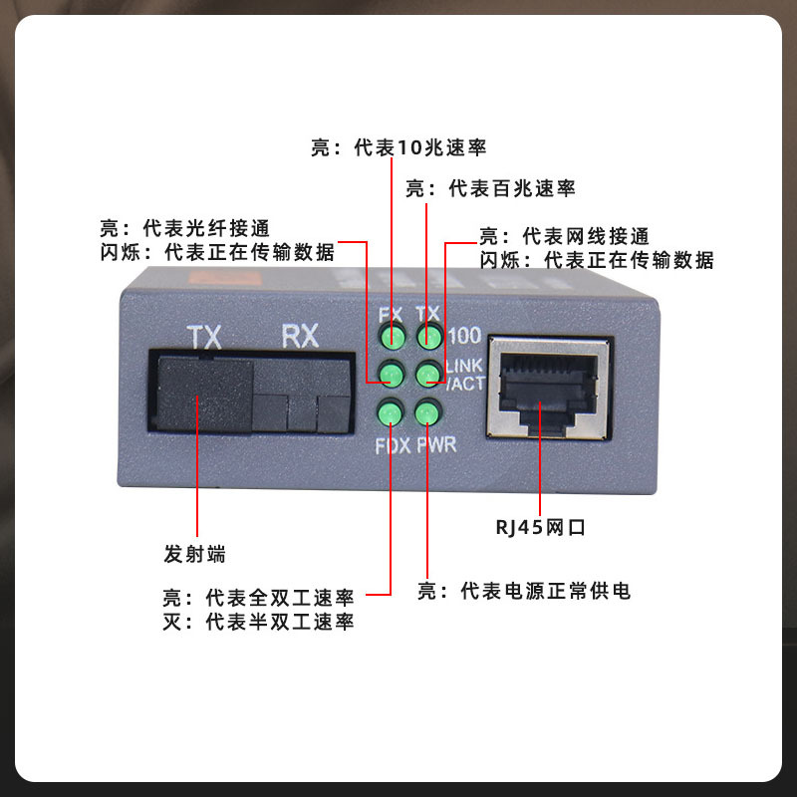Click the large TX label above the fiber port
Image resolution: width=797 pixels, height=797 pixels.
tap(204, 337)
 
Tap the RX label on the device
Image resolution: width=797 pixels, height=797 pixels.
tap(301, 336)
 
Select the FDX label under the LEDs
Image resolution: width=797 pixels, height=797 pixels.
tap(393, 445)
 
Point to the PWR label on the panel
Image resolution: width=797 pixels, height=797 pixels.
tap(436, 444)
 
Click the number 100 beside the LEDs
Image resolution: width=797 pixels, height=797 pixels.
tap(464, 336)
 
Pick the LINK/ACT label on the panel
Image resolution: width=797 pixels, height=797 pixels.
tap(464, 375)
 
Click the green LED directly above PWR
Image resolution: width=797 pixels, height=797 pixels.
tap(427, 412)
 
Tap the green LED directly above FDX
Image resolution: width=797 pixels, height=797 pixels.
tap(391, 412)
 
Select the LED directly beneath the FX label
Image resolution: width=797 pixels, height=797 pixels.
tap(393, 336)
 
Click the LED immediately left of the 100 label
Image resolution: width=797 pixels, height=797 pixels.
tap(429, 336)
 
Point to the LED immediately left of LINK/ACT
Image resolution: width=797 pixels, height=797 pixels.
tap(428, 375)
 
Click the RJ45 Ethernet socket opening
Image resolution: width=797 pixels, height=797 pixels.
tap(548, 391)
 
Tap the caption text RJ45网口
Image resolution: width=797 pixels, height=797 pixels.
tap(540, 528)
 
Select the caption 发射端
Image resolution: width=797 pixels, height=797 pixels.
tap(194, 554)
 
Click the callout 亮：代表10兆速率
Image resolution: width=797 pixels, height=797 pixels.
tap(399, 147)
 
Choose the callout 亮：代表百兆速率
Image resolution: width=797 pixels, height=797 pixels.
tap(490, 188)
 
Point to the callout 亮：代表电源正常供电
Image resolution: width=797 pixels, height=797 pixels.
tap(524, 591)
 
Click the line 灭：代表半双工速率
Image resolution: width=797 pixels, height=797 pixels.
tap(258, 622)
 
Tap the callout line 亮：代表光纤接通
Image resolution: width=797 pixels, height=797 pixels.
tap(184, 228)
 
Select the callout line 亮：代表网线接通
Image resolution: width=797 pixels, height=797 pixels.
tap(565, 236)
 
